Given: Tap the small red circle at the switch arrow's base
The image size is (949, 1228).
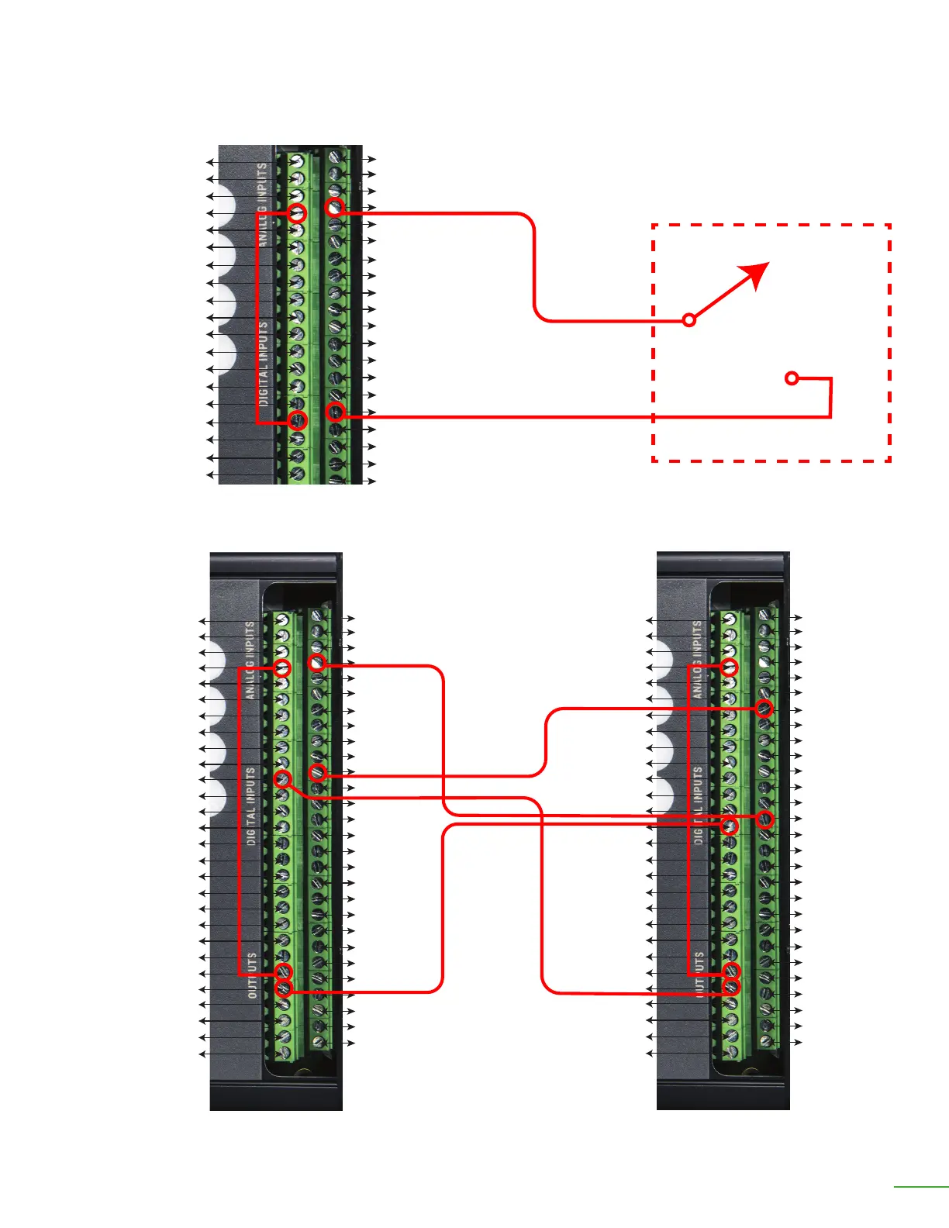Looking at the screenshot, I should pyautogui.click(x=689, y=319).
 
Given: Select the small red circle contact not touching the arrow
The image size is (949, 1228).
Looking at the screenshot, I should pyautogui.click(x=792, y=378).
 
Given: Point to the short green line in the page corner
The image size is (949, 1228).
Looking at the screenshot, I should pyautogui.click(x=920, y=1186).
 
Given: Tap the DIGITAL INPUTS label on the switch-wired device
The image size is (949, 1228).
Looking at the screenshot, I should pyautogui.click(x=264, y=364).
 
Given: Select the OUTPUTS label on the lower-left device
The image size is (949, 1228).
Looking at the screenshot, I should pyautogui.click(x=252, y=975).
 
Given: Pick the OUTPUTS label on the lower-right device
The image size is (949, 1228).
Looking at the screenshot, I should pyautogui.click(x=699, y=974).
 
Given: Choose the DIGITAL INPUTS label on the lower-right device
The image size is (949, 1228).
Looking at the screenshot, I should pyautogui.click(x=699, y=805).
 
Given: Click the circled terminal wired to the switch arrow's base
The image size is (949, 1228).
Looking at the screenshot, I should pyautogui.click(x=335, y=208).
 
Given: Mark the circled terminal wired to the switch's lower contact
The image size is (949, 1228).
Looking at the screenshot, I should pyautogui.click(x=336, y=412).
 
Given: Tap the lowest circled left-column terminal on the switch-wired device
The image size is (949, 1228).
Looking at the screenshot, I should pyautogui.click(x=298, y=421).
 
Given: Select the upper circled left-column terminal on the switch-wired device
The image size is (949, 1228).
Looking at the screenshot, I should pyautogui.click(x=298, y=213).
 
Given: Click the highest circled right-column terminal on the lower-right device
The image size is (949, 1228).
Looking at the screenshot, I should pyautogui.click(x=764, y=708).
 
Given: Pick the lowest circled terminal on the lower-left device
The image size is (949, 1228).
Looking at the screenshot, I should pyautogui.click(x=285, y=988).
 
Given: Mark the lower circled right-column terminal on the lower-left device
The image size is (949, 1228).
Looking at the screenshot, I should pyautogui.click(x=317, y=772).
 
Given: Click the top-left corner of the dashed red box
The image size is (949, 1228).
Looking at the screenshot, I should pyautogui.click(x=654, y=226).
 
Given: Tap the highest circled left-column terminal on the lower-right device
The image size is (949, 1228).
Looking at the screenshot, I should pyautogui.click(x=729, y=667).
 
